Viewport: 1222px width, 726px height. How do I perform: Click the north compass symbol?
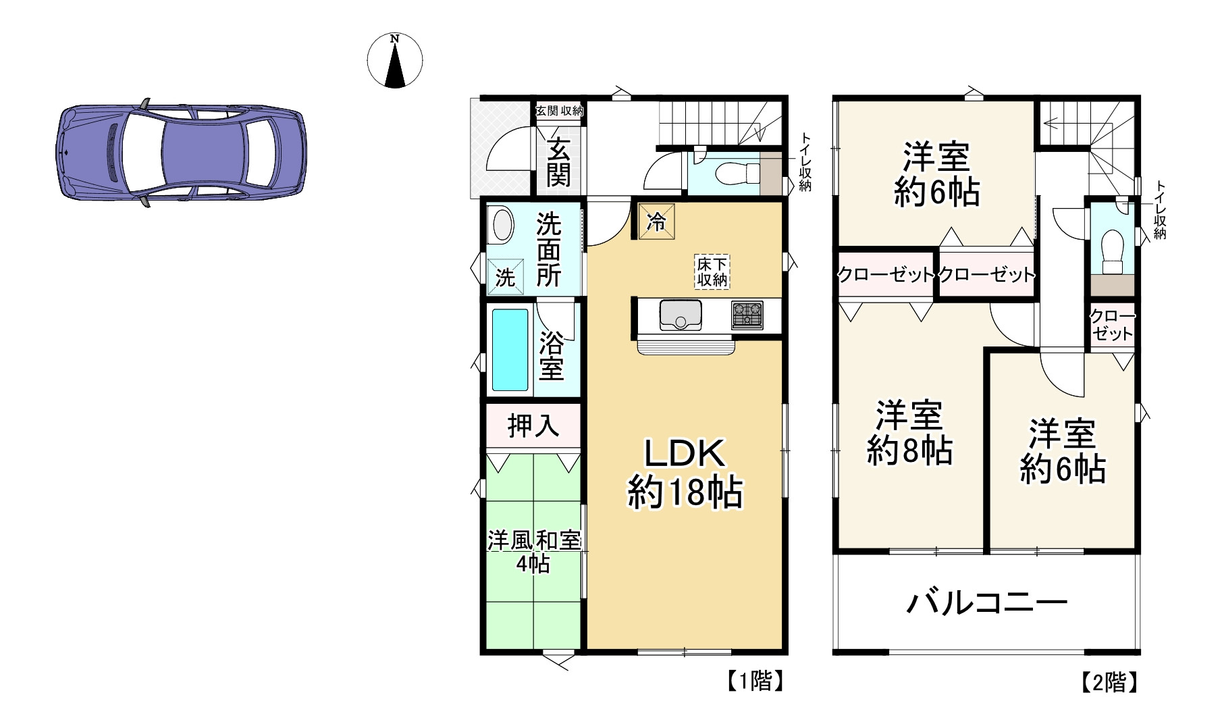pyautogui.click(x=395, y=60)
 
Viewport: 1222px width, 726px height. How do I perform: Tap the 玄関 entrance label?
pyautogui.click(x=558, y=162)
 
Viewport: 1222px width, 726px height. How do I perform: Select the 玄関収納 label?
pyautogui.click(x=559, y=111)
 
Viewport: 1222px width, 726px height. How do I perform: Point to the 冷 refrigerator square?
pyautogui.click(x=656, y=221)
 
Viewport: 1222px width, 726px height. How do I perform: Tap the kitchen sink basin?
pyautogui.click(x=681, y=315)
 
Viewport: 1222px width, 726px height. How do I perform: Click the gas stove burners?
pyautogui.click(x=747, y=315)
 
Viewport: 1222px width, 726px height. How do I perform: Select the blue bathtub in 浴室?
pyautogui.click(x=510, y=350)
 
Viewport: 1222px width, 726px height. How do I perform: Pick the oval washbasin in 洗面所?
pyautogui.click(x=501, y=226)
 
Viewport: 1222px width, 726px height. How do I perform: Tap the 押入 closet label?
pyautogui.click(x=533, y=425)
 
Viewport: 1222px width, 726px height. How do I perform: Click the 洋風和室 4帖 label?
pyautogui.click(x=533, y=552)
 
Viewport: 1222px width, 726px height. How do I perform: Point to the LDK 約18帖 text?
pyautogui.click(x=685, y=473)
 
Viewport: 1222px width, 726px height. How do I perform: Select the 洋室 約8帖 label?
pyautogui.click(x=909, y=433)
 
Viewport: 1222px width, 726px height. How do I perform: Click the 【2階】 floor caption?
pyautogui.click(x=1109, y=683)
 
